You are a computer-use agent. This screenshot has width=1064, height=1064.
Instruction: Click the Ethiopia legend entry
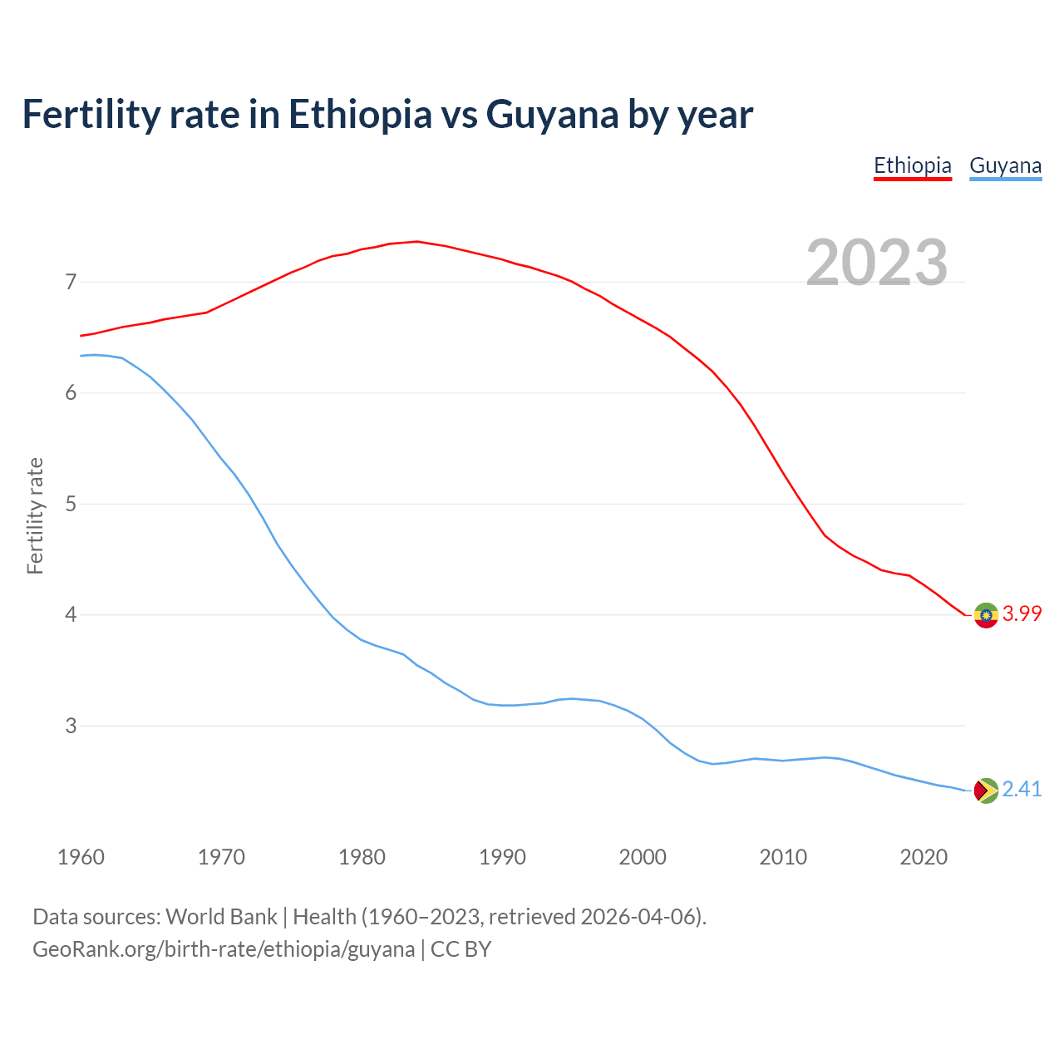tap(912, 165)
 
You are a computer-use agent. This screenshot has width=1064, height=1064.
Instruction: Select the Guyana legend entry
tap(1005, 165)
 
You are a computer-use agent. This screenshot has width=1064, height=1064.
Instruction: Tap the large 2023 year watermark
tap(877, 263)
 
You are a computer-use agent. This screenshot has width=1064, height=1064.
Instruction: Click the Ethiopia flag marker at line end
tap(986, 615)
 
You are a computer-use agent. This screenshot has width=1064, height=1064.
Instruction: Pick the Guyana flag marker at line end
tap(986, 791)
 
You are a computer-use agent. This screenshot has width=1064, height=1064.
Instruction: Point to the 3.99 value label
tap(1022, 614)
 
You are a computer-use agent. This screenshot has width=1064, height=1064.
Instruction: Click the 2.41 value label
tap(1022, 790)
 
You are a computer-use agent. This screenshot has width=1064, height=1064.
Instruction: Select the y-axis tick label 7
tap(71, 283)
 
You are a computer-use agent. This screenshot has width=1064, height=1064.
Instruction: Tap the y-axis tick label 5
tap(71, 505)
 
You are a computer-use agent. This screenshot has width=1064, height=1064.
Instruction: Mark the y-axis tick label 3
tap(71, 727)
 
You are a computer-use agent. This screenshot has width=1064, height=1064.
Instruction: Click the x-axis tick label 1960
tap(81, 857)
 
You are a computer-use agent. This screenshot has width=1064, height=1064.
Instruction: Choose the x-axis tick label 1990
tap(502, 857)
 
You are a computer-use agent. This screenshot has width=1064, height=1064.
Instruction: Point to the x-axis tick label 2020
tap(924, 857)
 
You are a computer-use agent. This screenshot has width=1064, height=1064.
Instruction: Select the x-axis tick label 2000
tap(643, 857)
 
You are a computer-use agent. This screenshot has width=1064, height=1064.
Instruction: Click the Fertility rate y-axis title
tap(35, 515)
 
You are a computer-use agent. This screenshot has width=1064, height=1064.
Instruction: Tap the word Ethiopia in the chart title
tap(360, 115)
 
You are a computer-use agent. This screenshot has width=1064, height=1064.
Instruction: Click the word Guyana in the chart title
tap(552, 115)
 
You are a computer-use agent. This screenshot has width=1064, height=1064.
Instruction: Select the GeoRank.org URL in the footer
tap(224, 949)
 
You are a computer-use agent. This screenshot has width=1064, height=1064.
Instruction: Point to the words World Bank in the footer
tap(221, 917)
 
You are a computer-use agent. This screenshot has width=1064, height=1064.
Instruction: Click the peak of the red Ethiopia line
tap(416, 242)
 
